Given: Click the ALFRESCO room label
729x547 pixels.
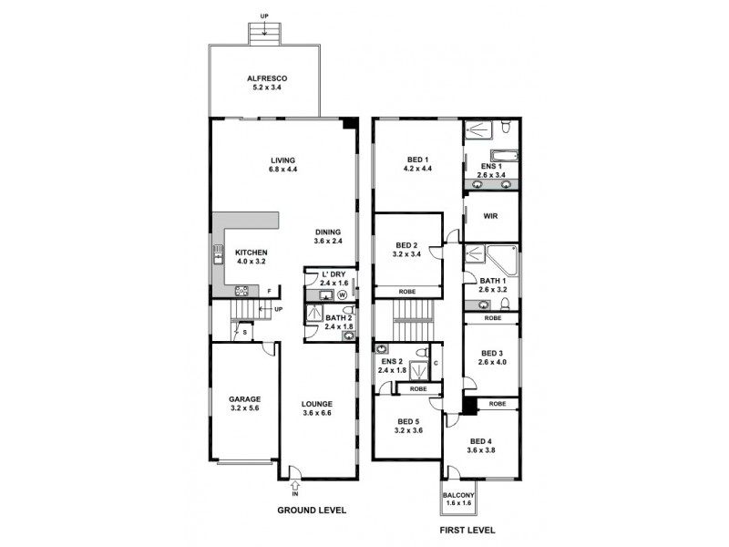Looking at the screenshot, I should (265, 78).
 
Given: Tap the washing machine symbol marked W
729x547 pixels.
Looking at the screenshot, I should (342, 295).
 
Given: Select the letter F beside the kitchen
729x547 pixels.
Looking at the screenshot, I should (269, 291).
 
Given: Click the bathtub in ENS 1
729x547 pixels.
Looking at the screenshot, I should (504, 155).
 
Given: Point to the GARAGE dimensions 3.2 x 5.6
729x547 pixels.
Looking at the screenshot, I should (243, 408).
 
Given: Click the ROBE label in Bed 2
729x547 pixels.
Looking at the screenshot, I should (406, 292).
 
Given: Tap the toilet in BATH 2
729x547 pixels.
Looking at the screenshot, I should (348, 310).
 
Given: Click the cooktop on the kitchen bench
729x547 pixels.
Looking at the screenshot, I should (243, 292).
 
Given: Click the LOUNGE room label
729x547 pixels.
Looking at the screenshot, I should (318, 403).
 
